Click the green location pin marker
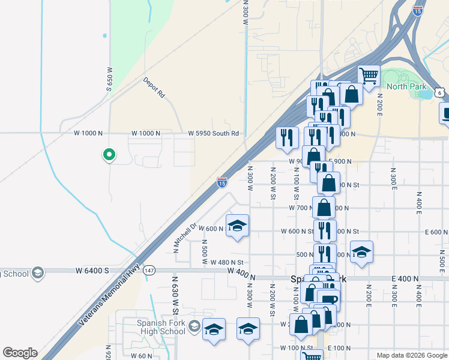click(x=109, y=155)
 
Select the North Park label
click(x=406, y=86)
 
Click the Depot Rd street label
click(x=154, y=87)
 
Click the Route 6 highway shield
click(x=440, y=92)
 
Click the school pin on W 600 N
click(x=237, y=226)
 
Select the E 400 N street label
click(x=404, y=278)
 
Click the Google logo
click(x=20, y=353)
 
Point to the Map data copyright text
click(x=411, y=355)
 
